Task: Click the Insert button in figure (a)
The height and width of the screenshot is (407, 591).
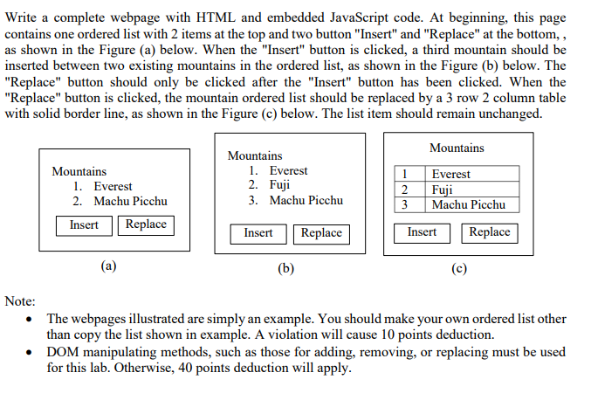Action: (x=84, y=225)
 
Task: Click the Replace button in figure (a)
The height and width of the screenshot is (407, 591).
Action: (x=147, y=225)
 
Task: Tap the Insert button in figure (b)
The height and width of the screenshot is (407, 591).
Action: (x=258, y=234)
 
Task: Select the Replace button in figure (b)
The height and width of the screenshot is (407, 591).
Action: (x=321, y=234)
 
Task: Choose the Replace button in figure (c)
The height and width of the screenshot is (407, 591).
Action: (x=490, y=233)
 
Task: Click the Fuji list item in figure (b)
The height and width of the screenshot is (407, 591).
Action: (x=279, y=185)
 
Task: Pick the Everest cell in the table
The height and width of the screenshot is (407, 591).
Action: (x=472, y=174)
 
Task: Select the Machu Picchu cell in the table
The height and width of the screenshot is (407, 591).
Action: (x=472, y=205)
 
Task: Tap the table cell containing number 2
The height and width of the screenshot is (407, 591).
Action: (x=410, y=190)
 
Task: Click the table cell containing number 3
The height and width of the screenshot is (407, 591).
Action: (x=410, y=205)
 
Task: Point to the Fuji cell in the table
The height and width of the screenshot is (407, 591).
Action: (x=472, y=190)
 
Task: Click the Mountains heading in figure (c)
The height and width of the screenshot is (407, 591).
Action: (x=457, y=148)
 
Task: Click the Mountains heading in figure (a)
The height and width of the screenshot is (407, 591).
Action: (x=79, y=171)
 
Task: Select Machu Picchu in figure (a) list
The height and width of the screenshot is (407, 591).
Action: (x=130, y=201)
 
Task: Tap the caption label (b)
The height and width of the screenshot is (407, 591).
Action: (x=285, y=268)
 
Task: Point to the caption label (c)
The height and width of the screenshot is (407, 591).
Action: (x=459, y=268)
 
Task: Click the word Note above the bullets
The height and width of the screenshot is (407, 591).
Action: (x=20, y=301)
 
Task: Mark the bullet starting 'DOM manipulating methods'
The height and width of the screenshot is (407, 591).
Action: (x=306, y=360)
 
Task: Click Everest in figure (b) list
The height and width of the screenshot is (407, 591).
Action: (x=288, y=170)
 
